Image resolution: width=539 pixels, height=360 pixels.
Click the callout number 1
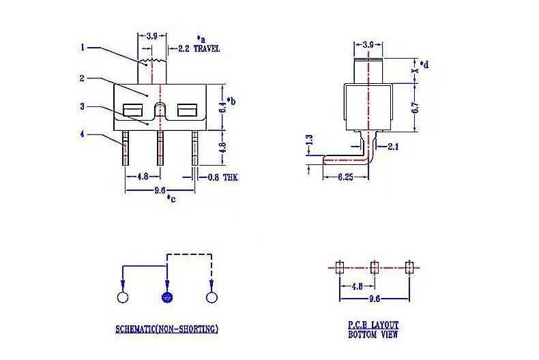click(83, 47)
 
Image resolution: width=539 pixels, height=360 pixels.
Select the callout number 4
click(82, 134)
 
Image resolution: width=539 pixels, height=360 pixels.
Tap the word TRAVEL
click(207, 48)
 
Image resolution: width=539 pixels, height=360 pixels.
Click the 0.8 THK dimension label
click(222, 177)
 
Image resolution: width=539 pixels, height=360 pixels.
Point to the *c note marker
click(171, 198)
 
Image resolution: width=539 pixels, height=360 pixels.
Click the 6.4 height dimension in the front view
click(222, 106)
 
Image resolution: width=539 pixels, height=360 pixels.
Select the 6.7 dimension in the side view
click(416, 108)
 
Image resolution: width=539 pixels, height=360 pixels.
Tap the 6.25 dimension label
click(345, 177)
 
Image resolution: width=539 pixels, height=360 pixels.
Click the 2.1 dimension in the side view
click(393, 147)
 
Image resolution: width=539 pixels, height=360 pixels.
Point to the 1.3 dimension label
click(309, 140)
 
